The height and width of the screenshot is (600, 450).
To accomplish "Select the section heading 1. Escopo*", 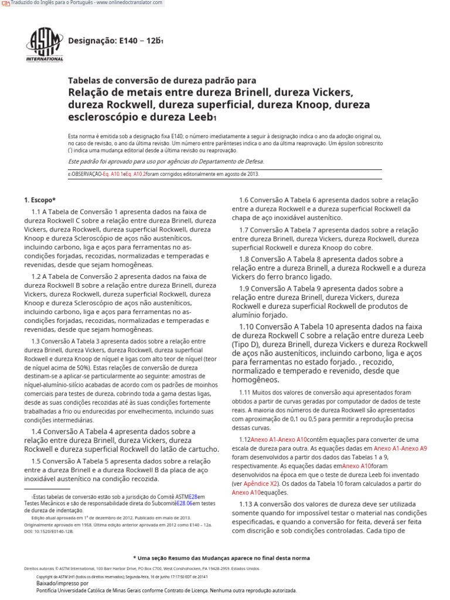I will click(x=40, y=200).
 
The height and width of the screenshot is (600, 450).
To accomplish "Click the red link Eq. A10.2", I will click(x=135, y=174).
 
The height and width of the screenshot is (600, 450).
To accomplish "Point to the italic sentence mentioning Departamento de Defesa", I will click(x=166, y=161).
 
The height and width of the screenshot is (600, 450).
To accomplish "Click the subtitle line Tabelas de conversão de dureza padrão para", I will click(x=162, y=80).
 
